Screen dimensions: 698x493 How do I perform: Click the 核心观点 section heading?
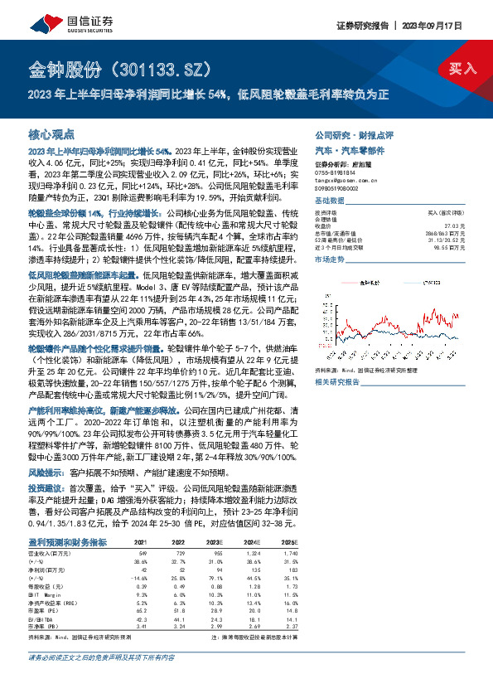pyautogui.click(x=51, y=133)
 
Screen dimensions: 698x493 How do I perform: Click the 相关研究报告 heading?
pyautogui.click(x=337, y=382)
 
